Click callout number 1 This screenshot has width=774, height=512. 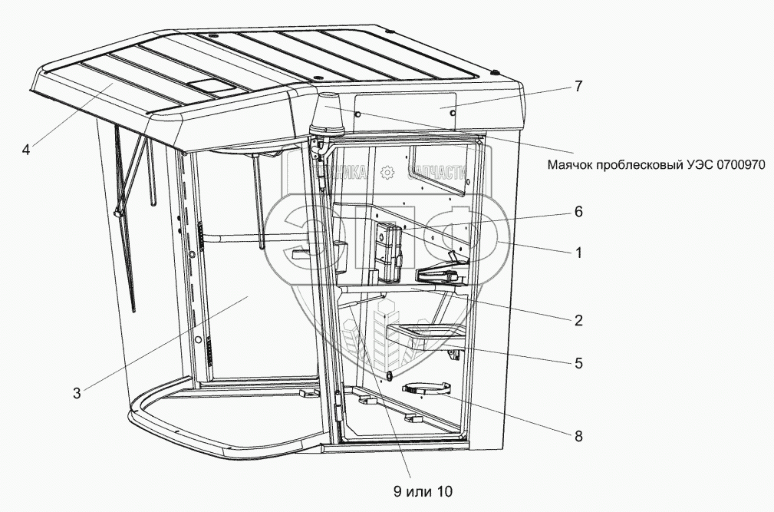click(x=579, y=251)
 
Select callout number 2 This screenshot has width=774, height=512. click(x=579, y=319)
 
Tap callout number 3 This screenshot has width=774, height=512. click(x=77, y=394)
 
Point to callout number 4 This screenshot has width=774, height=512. click(x=26, y=149)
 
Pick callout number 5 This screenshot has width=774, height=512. click(x=579, y=362)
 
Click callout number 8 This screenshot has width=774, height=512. click(x=579, y=435)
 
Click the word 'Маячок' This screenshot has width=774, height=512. click(x=572, y=164)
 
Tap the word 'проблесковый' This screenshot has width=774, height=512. click(x=646, y=164)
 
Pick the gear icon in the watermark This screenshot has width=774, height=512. click(x=387, y=173)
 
